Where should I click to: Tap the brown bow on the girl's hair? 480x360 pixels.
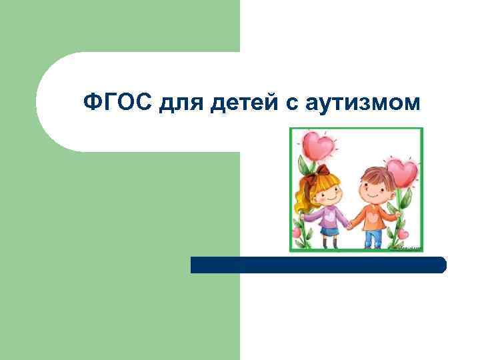click(x=323, y=171)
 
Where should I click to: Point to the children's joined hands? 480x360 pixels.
click(x=349, y=225)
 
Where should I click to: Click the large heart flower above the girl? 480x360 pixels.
click(x=317, y=145)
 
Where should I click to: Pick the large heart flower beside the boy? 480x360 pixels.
click(x=403, y=173)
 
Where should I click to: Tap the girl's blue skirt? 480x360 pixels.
click(x=328, y=231)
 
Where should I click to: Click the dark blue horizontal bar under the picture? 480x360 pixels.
click(x=318, y=265)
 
